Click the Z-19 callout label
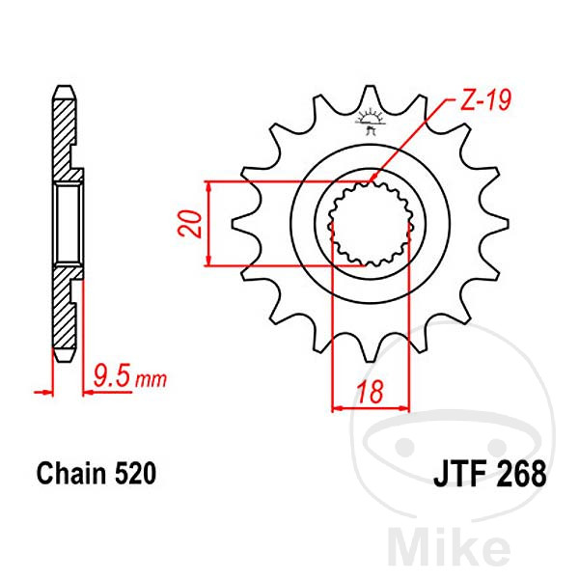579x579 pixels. (x=484, y=99)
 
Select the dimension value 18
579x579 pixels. (x=371, y=392)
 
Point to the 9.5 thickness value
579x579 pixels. (x=112, y=375)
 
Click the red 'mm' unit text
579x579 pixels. (x=152, y=379)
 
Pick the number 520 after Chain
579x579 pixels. (x=135, y=474)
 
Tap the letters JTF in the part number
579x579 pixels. (x=460, y=474)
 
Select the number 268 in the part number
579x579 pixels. (x=521, y=474)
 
